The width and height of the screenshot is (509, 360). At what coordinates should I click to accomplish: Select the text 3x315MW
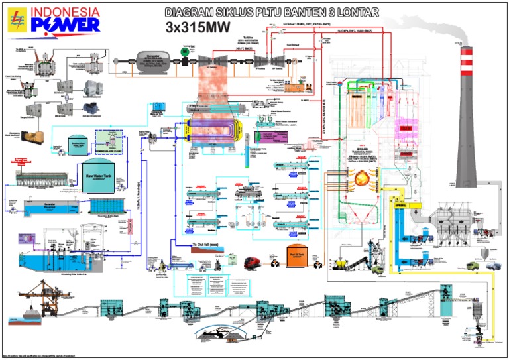click(195, 27)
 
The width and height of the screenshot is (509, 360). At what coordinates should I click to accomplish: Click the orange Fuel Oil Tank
click(299, 254)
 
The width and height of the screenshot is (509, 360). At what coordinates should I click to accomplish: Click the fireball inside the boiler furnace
click(361, 180)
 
